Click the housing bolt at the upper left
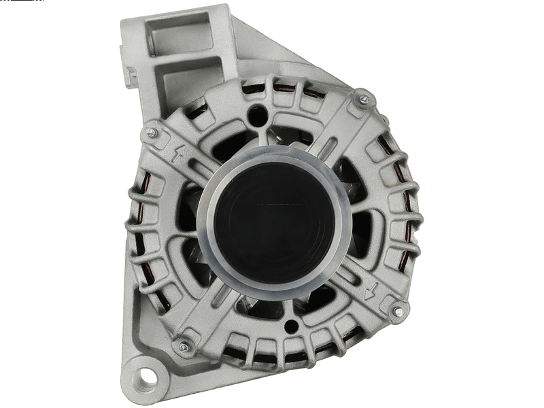click(x=150, y=129)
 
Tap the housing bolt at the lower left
click(x=182, y=346)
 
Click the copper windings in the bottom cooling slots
click(x=286, y=356)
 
